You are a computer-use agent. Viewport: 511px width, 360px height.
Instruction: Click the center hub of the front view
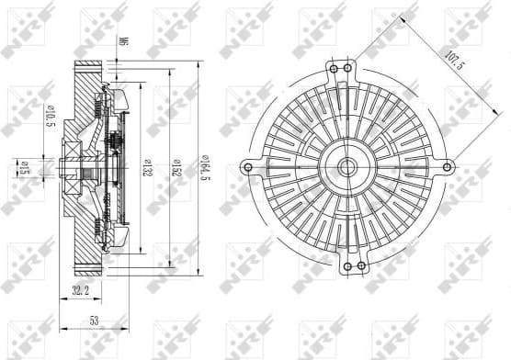[346, 167]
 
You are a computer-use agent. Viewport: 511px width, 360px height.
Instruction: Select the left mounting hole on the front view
[246, 167]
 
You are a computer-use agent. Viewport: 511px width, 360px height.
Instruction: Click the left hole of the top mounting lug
[334, 67]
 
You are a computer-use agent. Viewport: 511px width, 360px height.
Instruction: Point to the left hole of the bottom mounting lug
[334, 267]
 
